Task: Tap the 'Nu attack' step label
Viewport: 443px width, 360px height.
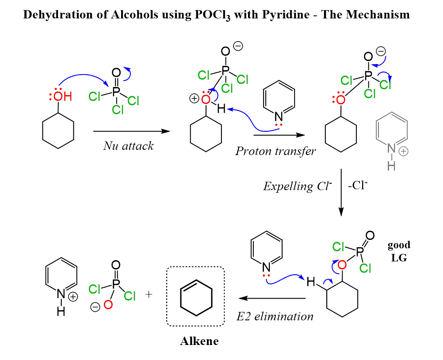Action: coord(128,146)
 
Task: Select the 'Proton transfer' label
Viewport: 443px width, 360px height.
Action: coord(275,151)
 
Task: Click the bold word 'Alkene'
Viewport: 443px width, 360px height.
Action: coord(199,341)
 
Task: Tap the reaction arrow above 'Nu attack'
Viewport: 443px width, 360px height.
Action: coord(131,131)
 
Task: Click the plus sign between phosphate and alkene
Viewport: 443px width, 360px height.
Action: coord(148,294)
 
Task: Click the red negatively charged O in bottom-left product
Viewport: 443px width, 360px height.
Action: coord(107,304)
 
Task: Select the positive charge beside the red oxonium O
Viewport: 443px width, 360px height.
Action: coord(193,99)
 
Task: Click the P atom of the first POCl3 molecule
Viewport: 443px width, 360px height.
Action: coord(116,91)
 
